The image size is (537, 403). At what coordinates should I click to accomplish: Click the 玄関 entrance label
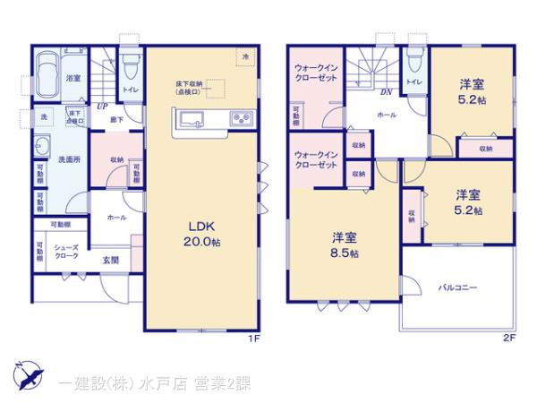pos(109,261)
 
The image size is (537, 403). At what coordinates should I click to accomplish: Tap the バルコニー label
pos(457,288)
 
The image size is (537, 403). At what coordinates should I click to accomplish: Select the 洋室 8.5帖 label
pos(345,245)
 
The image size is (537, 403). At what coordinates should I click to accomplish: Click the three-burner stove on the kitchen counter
pos(242,118)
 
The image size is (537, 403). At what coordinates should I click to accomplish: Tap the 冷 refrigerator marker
pos(246,56)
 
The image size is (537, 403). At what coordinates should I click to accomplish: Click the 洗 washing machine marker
pos(43,117)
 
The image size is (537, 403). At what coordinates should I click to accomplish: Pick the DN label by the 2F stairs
pos(387,92)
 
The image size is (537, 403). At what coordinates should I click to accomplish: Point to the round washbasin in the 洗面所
pos(40,150)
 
